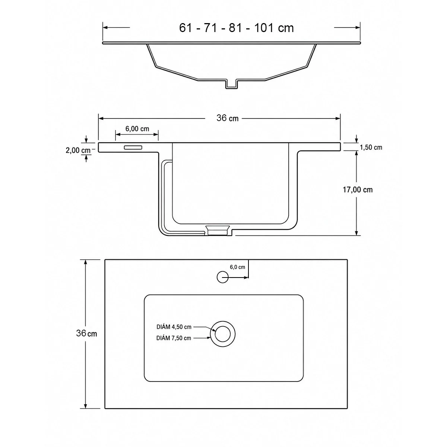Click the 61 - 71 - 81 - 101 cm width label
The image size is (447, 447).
point(237,28)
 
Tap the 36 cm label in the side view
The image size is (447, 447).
point(227,118)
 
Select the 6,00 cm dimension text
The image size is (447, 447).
point(137,129)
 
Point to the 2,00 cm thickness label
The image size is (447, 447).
point(78,150)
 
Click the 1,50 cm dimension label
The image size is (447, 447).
point(371,147)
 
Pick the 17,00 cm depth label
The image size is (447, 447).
point(358,190)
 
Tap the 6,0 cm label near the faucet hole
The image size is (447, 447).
point(237,267)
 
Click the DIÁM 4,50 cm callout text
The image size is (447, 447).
point(174,327)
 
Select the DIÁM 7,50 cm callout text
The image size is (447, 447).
point(174,338)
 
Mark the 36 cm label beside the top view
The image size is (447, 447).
point(86,333)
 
